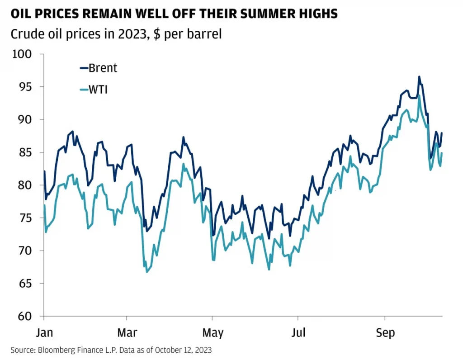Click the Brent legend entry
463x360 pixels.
(x=98, y=68)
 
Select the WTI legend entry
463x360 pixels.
(x=94, y=90)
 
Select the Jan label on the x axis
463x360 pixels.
(x=44, y=333)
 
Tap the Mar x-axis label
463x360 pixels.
(x=127, y=333)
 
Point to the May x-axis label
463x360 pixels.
(x=213, y=333)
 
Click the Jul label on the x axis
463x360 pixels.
(x=298, y=333)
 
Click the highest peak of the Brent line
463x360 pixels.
(x=419, y=77)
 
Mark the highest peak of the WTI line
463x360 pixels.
(x=420, y=95)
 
